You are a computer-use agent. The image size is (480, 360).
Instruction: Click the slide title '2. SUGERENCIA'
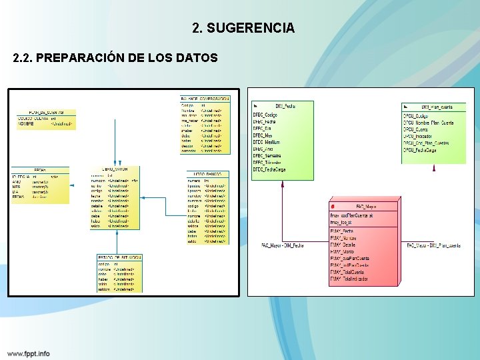click(243, 28)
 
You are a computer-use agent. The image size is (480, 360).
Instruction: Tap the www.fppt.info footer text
click(29, 353)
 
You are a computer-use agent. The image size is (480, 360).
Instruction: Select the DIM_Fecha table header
click(285, 105)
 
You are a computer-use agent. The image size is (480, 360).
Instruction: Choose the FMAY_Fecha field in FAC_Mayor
click(342, 231)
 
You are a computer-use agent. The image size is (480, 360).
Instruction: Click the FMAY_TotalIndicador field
click(349, 279)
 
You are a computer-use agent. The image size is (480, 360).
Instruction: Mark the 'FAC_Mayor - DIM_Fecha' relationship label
click(283, 245)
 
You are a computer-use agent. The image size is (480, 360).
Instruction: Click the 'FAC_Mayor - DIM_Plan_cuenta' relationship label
click(433, 245)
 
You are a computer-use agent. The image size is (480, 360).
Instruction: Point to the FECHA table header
click(40, 170)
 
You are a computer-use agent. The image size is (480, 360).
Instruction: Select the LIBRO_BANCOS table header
click(207, 174)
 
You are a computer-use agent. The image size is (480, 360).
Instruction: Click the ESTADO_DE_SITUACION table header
click(119, 257)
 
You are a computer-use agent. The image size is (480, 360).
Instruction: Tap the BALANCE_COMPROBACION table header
click(205, 98)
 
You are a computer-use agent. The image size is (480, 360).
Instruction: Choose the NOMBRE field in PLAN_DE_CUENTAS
click(26, 123)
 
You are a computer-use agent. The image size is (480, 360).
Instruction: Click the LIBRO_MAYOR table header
click(115, 169)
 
